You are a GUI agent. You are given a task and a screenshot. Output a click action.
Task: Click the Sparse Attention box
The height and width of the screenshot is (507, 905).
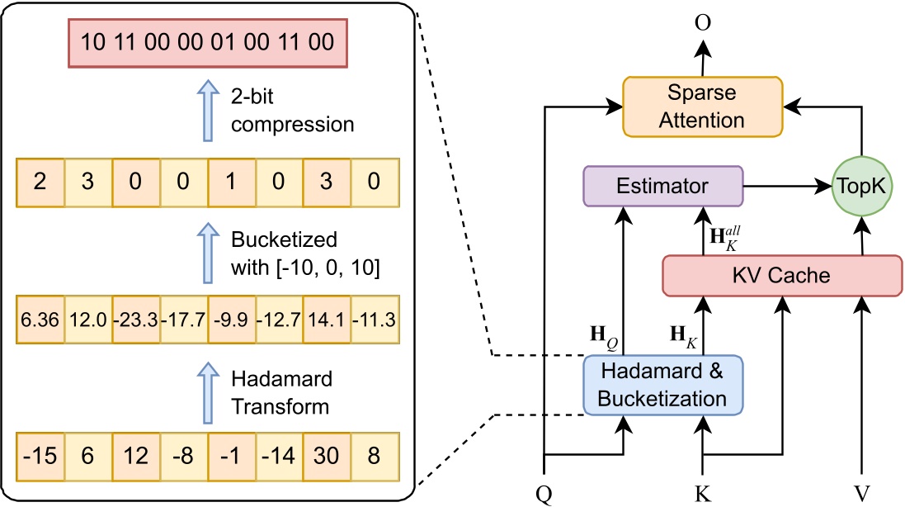click(x=702, y=107)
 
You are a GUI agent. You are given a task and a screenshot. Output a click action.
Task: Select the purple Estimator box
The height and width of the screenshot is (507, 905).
click(x=662, y=187)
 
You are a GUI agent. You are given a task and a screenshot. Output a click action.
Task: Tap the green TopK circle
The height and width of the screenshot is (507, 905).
click(x=862, y=187)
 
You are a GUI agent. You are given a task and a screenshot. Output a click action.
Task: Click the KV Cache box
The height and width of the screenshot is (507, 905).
click(x=781, y=275)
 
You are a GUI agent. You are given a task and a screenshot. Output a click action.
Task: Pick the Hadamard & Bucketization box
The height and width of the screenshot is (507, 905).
click(x=662, y=385)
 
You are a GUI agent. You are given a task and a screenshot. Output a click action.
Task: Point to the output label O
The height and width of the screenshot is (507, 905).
click(x=702, y=22)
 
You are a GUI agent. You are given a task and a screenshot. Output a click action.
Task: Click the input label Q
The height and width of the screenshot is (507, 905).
click(x=544, y=494)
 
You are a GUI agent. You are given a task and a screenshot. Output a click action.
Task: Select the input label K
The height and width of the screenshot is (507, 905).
click(x=702, y=494)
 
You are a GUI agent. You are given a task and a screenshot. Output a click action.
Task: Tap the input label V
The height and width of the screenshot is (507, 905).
click(x=862, y=494)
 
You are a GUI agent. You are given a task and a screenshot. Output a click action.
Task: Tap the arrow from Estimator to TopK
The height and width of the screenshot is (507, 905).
click(x=788, y=187)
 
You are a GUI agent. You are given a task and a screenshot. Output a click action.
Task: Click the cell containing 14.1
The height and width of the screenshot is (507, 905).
click(x=328, y=318)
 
